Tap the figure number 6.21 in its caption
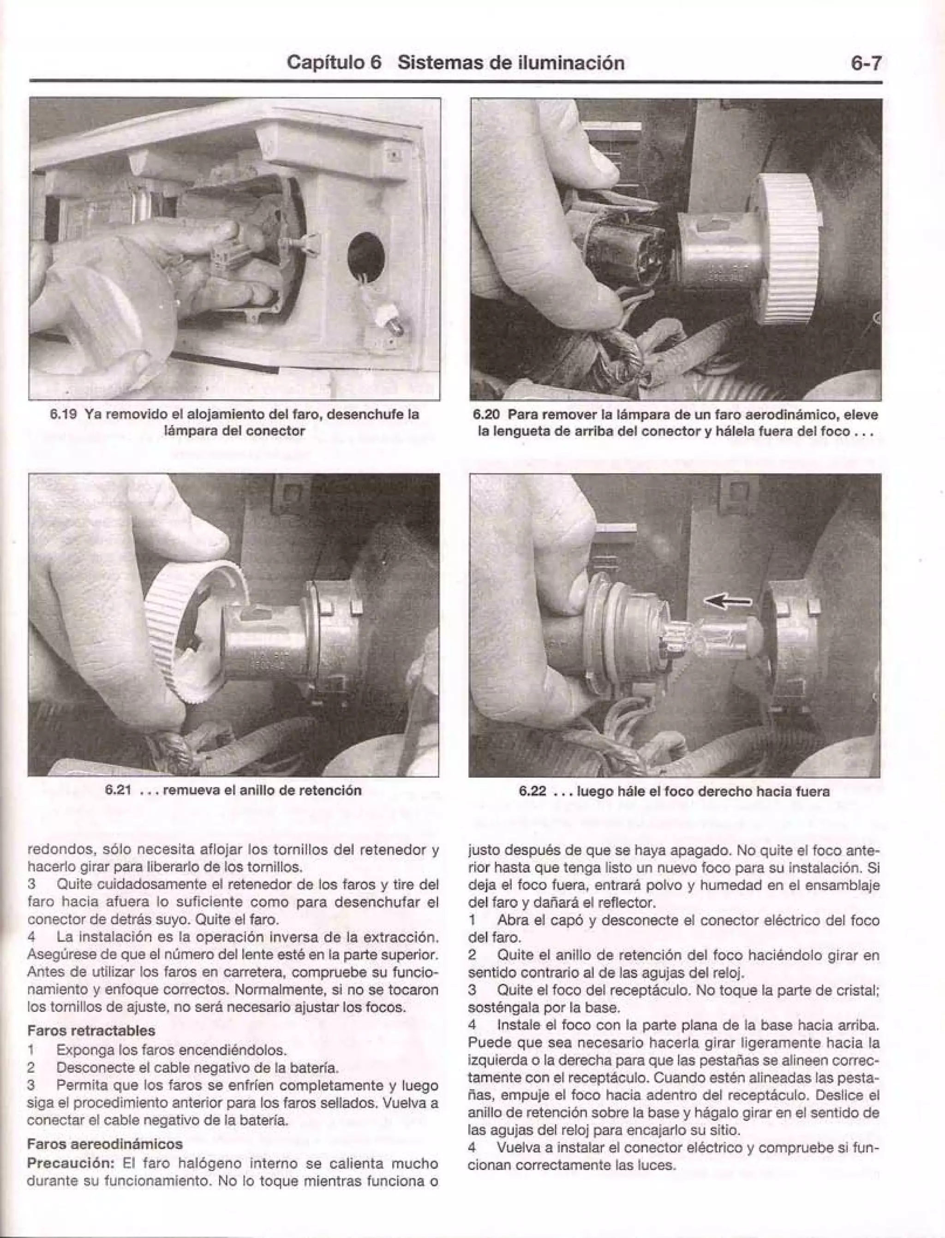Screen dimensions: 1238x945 click(x=118, y=790)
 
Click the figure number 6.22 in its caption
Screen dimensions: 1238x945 click(x=532, y=791)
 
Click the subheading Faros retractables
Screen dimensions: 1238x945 click(x=91, y=1030)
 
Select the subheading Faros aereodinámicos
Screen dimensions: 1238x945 click(x=105, y=1143)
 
